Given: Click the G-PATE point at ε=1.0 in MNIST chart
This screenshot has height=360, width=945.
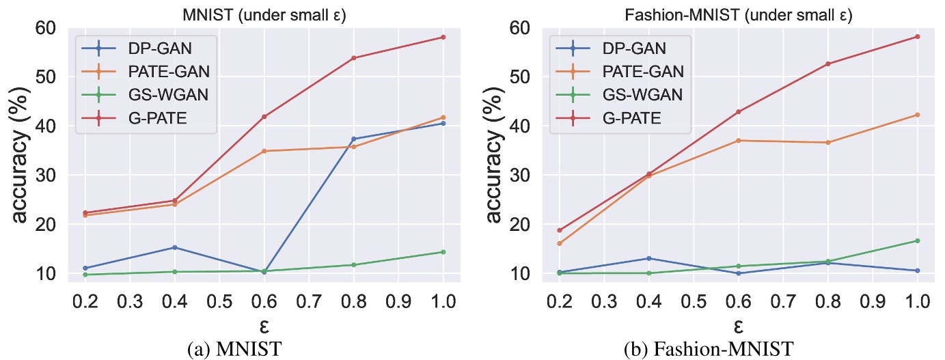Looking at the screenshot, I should [x=443, y=37].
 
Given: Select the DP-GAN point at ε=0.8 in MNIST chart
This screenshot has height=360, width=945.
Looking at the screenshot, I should [x=353, y=139].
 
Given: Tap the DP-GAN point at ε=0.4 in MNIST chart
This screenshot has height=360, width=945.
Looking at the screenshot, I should [x=174, y=247].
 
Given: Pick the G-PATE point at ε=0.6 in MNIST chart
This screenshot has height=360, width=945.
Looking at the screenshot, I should [x=264, y=117].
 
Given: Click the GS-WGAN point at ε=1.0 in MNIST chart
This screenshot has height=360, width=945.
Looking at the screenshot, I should [x=443, y=252].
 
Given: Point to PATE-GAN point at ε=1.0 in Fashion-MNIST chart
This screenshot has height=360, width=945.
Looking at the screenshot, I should [x=917, y=115].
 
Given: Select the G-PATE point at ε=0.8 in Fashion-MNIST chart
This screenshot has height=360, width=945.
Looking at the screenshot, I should [x=827, y=64].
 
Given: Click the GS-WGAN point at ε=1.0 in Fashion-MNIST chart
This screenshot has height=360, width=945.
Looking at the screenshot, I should [x=917, y=240].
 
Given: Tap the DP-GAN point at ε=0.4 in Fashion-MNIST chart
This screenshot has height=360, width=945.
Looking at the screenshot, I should [x=648, y=258].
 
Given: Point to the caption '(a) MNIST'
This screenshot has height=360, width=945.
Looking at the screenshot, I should [x=236, y=350].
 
